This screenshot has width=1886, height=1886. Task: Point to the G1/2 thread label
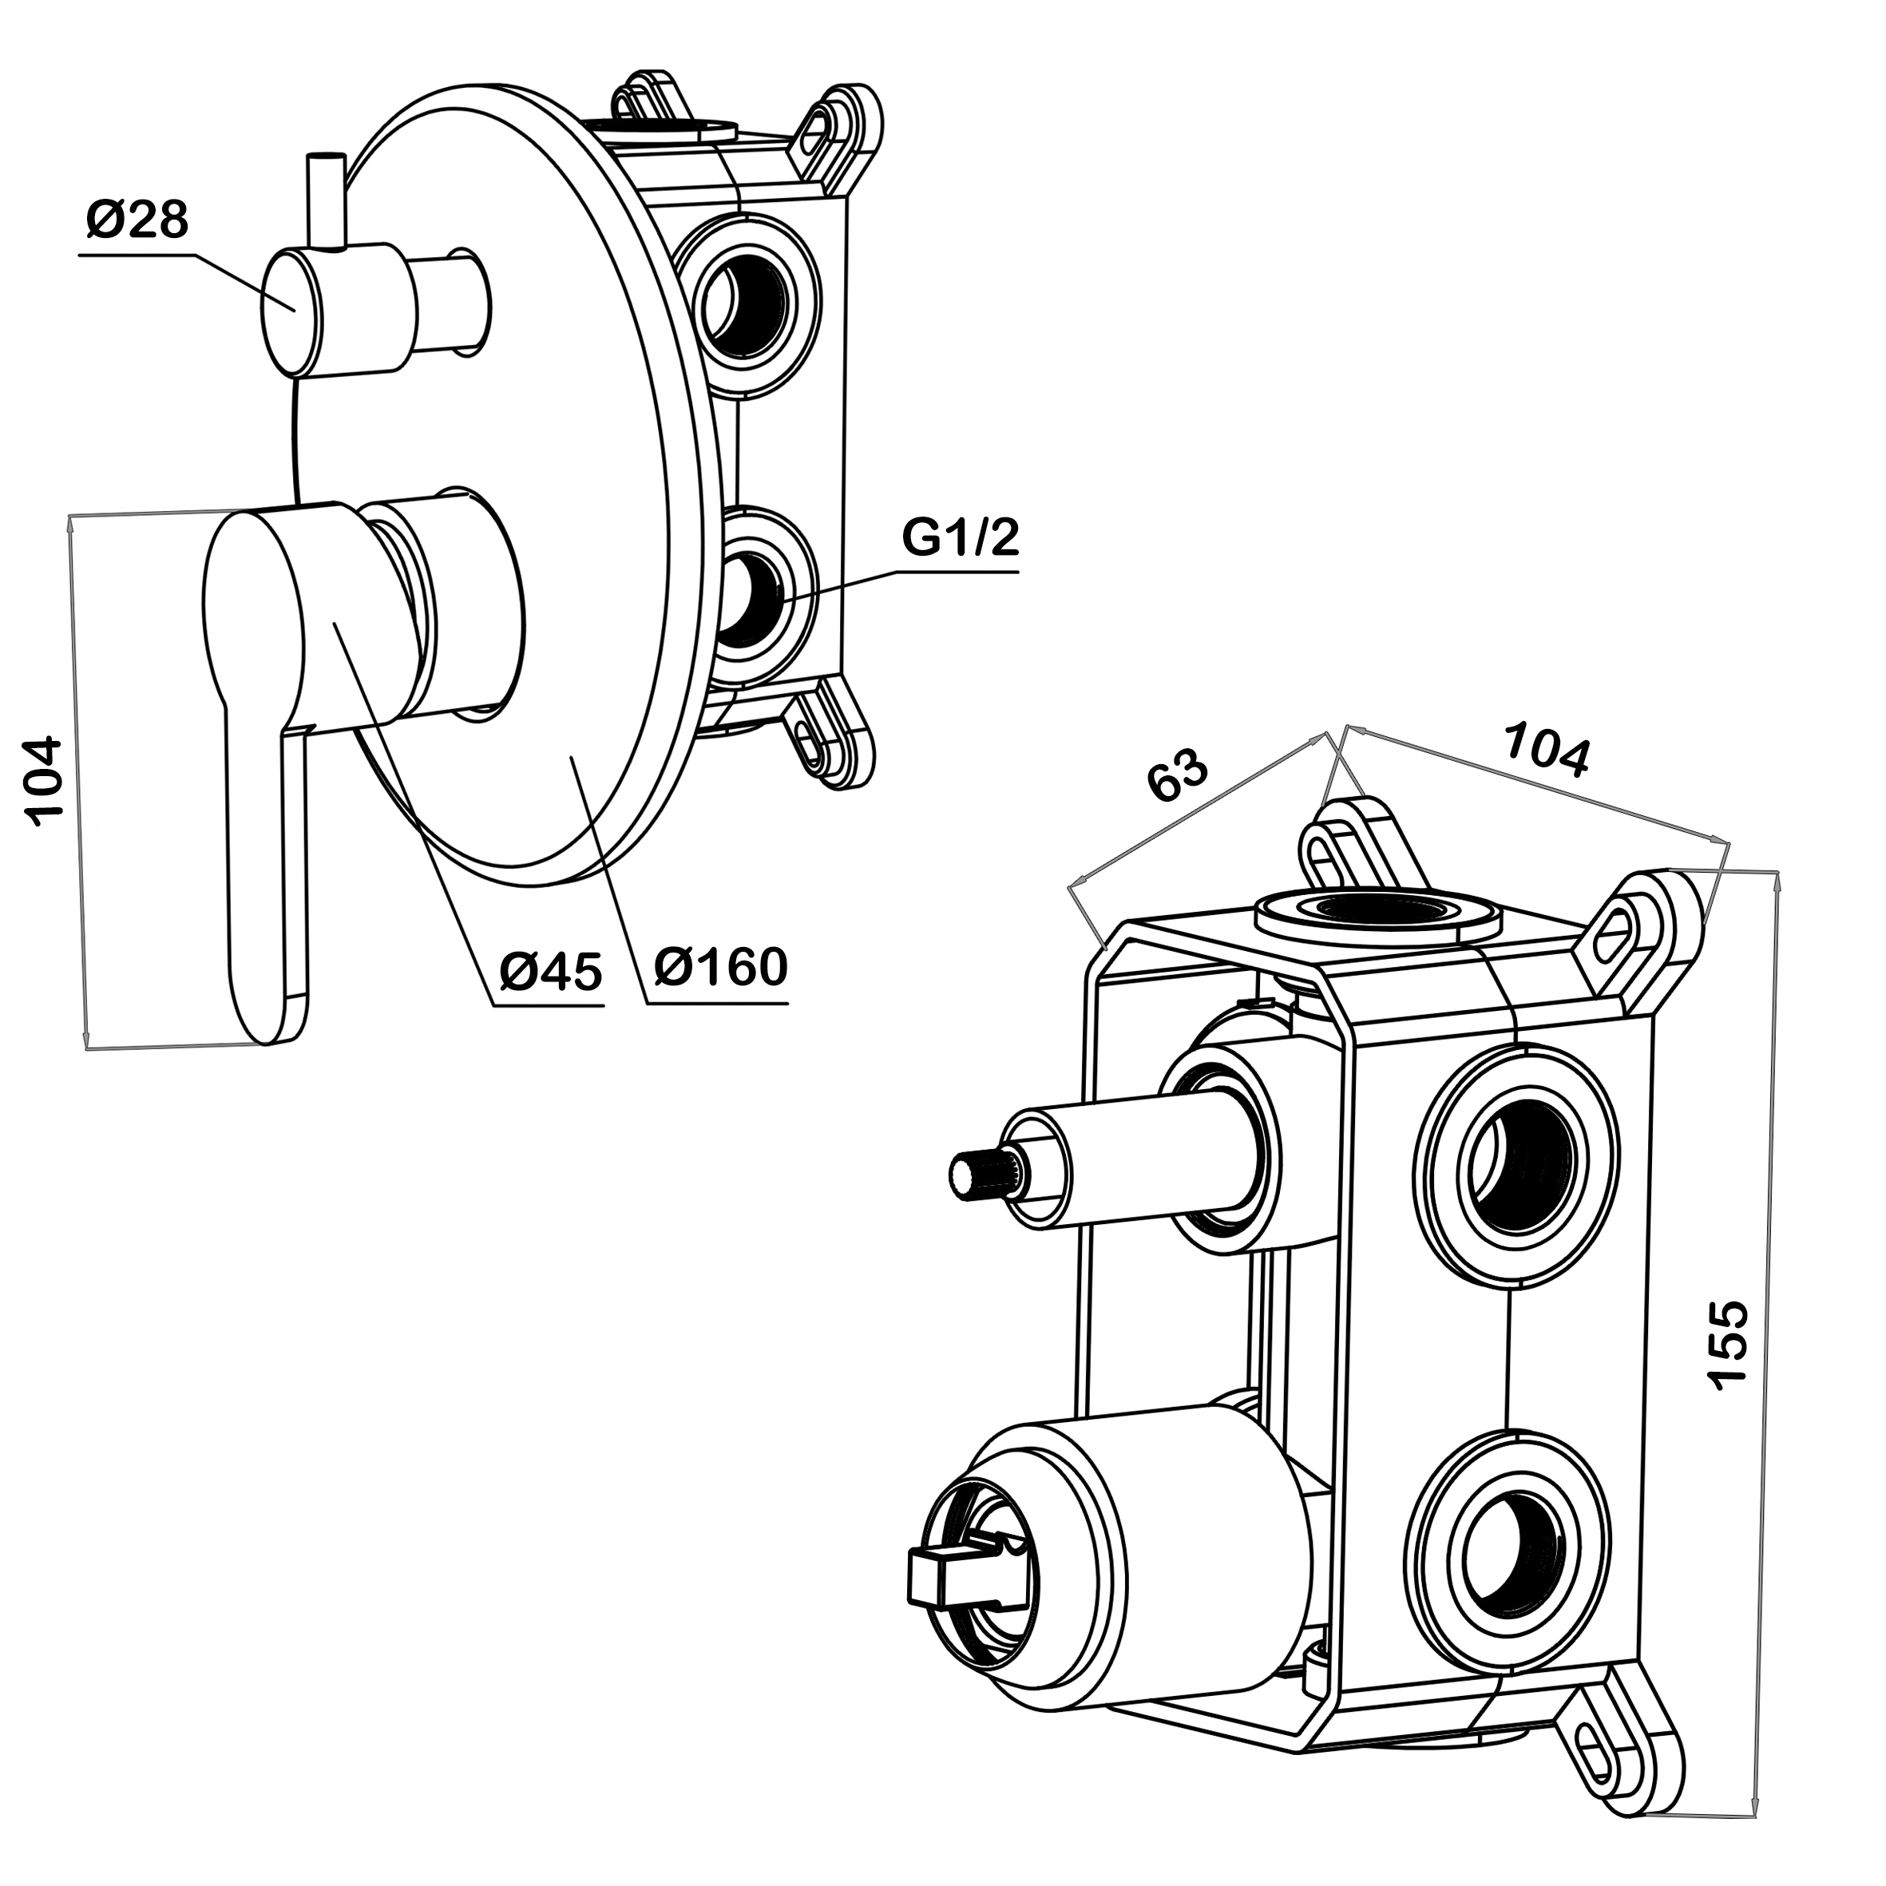point(960,538)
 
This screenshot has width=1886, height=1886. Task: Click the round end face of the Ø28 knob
point(290,312)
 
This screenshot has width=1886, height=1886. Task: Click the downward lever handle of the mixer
point(263,859)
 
